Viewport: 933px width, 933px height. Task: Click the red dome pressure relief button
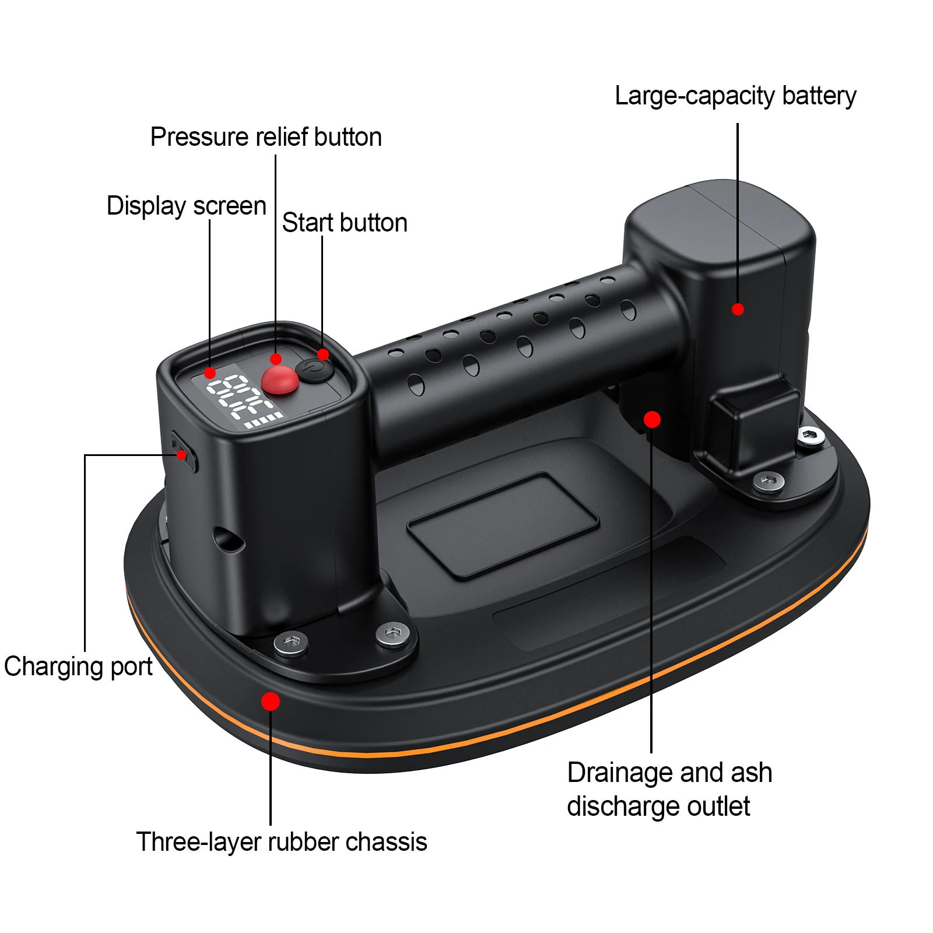[280, 380]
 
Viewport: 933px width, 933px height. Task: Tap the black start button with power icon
[314, 370]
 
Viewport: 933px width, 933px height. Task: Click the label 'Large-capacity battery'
[735, 96]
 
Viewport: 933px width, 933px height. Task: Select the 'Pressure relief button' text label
[266, 137]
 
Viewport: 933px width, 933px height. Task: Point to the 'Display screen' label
[187, 206]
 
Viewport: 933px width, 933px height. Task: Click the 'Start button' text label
[345, 223]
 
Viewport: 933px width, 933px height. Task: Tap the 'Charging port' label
[78, 667]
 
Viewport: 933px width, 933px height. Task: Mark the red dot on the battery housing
[738, 309]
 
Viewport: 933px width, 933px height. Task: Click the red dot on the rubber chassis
[271, 701]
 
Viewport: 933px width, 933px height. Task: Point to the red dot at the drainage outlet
[652, 419]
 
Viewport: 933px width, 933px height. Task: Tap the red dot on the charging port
[182, 455]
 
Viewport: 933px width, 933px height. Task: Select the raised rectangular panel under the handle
[503, 525]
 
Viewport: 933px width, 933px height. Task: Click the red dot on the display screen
[210, 373]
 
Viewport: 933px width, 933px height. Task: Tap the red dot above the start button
[323, 355]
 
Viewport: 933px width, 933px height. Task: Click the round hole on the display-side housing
[229, 540]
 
